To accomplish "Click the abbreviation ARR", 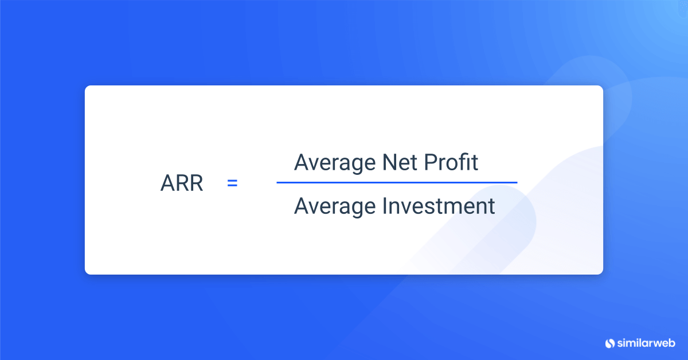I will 182,185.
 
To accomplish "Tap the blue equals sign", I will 232,184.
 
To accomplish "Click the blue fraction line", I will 397,183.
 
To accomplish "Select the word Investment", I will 439,205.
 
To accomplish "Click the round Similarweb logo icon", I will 609,343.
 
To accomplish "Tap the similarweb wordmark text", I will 646,343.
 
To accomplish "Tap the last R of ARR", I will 196,185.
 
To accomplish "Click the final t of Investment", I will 491,206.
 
